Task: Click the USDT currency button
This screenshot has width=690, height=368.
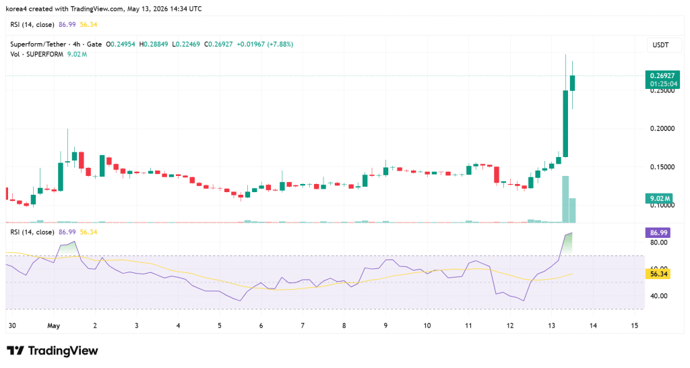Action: point(660,45)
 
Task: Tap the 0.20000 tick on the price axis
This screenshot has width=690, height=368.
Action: point(662,129)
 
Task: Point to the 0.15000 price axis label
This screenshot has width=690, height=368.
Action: point(662,167)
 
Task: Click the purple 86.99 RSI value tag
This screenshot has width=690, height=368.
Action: point(658,233)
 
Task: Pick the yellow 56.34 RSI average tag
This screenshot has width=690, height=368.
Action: point(658,274)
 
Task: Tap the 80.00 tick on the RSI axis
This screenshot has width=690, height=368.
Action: point(659,243)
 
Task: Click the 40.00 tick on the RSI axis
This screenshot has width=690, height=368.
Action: point(659,296)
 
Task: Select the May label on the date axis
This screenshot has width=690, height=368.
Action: point(54,326)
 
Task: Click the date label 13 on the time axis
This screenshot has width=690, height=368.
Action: point(551,326)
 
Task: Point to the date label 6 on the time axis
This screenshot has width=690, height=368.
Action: point(261,326)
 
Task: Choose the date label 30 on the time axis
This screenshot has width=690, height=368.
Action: point(12,326)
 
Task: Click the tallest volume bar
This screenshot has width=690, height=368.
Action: point(565,200)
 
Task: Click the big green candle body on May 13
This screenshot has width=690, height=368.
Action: point(565,124)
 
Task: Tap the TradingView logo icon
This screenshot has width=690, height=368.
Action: point(15,351)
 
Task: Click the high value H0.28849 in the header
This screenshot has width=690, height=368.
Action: point(154,44)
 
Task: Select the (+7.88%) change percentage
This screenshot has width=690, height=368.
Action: point(280,44)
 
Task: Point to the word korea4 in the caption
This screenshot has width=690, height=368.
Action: point(16,9)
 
